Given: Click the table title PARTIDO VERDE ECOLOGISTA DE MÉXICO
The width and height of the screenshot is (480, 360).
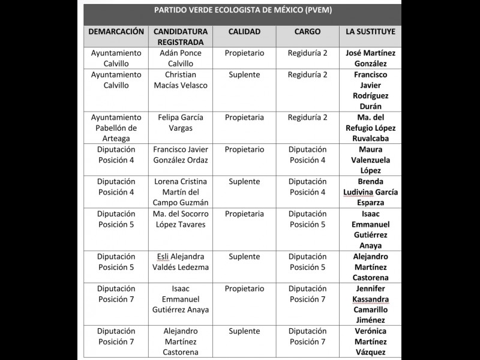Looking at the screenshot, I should click(x=242, y=11).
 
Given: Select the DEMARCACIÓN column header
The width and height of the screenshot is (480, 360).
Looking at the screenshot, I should click(x=116, y=31).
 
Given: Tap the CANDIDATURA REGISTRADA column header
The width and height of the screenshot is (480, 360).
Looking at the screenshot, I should click(x=181, y=37).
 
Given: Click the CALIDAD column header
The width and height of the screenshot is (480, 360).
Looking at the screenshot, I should click(x=244, y=31).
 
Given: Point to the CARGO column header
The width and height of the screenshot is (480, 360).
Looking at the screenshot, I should click(x=307, y=31).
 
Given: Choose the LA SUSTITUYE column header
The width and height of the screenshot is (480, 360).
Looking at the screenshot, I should click(x=371, y=31).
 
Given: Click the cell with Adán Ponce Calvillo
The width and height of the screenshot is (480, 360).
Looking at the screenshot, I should click(x=181, y=58).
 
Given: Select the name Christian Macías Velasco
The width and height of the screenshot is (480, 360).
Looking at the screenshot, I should click(x=181, y=80).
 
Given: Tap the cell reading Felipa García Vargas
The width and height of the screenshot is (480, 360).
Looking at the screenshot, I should click(x=181, y=122).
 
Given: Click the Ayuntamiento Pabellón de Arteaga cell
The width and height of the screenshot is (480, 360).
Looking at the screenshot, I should click(x=116, y=128).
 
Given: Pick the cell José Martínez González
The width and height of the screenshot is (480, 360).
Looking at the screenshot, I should click(x=371, y=58).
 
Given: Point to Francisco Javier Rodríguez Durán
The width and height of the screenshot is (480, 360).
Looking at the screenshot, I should click(x=371, y=91).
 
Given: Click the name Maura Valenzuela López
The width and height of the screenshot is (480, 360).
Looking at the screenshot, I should click(x=371, y=160).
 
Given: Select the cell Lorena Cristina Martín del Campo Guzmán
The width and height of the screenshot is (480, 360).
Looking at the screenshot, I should click(x=181, y=192).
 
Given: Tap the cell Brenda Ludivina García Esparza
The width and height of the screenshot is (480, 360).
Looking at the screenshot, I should click(x=371, y=192).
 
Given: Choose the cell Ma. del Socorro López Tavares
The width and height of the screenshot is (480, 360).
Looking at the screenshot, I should click(x=181, y=219).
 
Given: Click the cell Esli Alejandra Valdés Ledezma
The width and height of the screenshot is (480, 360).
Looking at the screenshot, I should click(x=181, y=262).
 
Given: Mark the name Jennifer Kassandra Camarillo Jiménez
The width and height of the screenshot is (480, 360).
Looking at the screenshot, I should click(x=371, y=304).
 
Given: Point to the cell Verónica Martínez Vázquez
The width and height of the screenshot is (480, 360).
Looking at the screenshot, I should click(x=371, y=341).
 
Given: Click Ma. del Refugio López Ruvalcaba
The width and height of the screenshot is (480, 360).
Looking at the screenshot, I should click(x=371, y=128).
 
